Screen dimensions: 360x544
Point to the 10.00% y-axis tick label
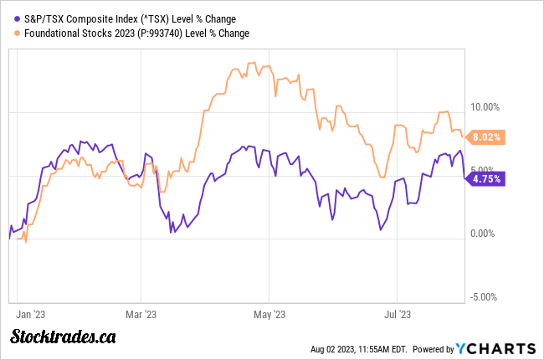(485, 106)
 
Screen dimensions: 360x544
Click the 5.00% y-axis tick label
(486, 170)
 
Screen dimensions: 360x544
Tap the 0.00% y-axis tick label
(486, 234)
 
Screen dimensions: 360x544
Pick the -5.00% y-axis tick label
(485, 296)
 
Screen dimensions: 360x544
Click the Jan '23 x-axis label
(31, 315)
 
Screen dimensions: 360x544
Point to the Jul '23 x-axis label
(397, 315)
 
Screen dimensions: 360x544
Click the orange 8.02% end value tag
(485, 136)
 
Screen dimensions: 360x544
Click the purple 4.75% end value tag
(485, 177)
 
